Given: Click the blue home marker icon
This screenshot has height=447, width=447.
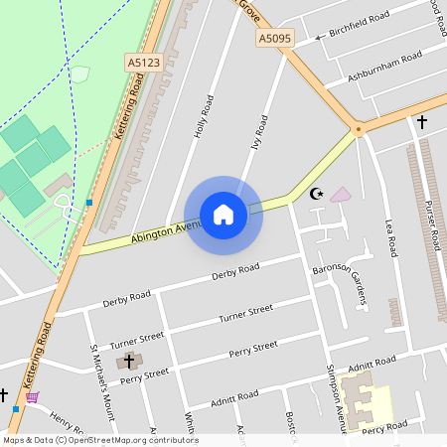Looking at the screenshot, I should tap(223, 214).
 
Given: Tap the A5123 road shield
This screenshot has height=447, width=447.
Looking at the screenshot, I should tap(144, 62).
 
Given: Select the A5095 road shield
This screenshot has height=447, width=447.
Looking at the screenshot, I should tap(275, 39).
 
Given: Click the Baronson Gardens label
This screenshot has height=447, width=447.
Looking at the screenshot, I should tap(342, 281).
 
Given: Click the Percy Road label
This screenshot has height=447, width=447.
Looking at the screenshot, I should tap(385, 425).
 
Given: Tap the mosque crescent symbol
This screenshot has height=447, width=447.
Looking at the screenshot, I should tap(317, 194).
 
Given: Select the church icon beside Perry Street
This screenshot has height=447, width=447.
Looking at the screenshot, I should tap(128, 362).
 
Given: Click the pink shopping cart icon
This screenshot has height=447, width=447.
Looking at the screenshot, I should tap(33, 397).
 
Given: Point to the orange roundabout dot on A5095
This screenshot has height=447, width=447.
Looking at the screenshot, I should tap(358, 128).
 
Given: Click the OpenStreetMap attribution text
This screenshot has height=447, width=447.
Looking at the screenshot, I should tap(99, 440).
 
